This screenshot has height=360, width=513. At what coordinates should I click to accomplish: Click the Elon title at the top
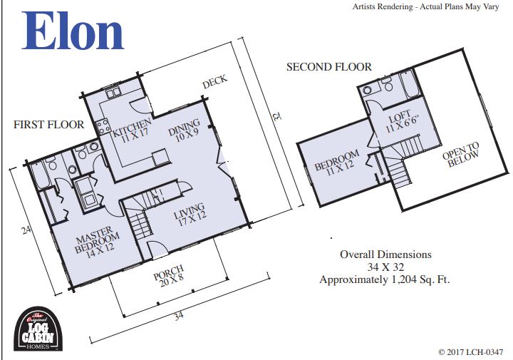click(74, 31)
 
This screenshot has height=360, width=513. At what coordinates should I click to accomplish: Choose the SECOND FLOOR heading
click(328, 67)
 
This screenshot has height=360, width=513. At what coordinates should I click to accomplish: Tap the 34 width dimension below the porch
click(177, 314)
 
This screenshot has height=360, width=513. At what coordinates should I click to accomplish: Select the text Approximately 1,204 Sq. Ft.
click(385, 279)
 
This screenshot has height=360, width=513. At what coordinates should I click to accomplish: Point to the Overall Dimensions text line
click(385, 254)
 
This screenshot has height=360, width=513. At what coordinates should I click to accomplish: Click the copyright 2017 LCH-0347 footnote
click(471, 352)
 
